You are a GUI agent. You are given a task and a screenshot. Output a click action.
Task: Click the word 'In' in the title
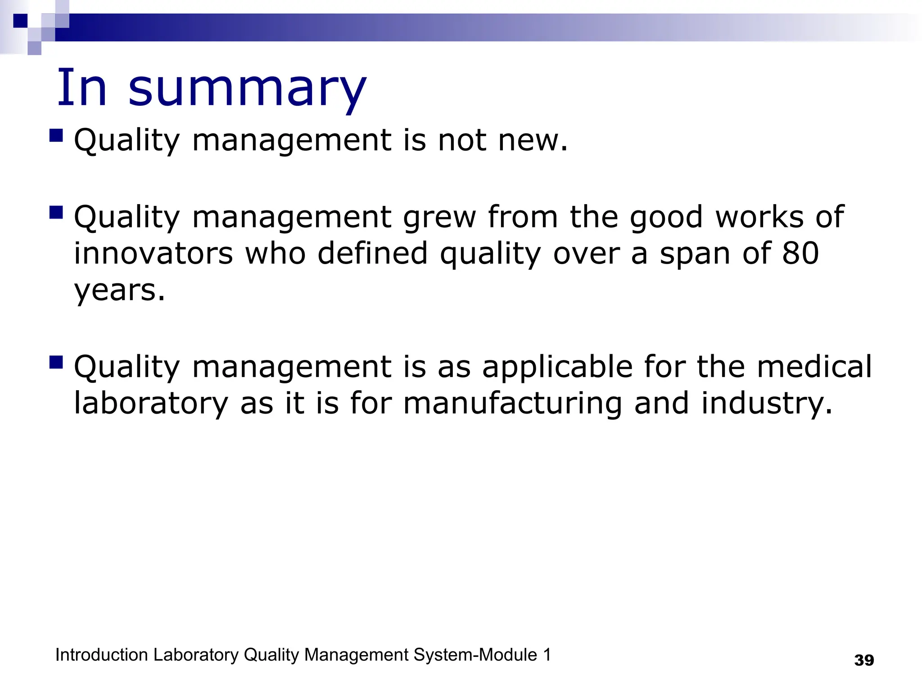tap(81, 88)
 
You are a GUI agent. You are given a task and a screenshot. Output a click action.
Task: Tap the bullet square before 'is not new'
tap(56, 136)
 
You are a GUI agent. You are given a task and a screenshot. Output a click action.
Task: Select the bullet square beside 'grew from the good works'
tap(56, 212)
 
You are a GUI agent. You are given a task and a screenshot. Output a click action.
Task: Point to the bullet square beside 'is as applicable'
tap(56, 362)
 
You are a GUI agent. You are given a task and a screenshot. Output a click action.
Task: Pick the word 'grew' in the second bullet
tap(439, 218)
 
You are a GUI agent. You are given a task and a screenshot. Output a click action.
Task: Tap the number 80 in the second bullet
tap(800, 253)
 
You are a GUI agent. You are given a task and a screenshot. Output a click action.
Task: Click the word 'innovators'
tap(154, 253)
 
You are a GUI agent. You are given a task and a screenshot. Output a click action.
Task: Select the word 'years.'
tap(120, 290)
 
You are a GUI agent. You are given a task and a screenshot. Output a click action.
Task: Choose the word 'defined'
tap(372, 253)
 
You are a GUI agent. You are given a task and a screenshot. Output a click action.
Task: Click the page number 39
tap(864, 660)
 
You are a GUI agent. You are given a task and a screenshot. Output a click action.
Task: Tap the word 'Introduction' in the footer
tap(101, 655)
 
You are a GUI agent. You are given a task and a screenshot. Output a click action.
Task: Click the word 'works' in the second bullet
tap(759, 218)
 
